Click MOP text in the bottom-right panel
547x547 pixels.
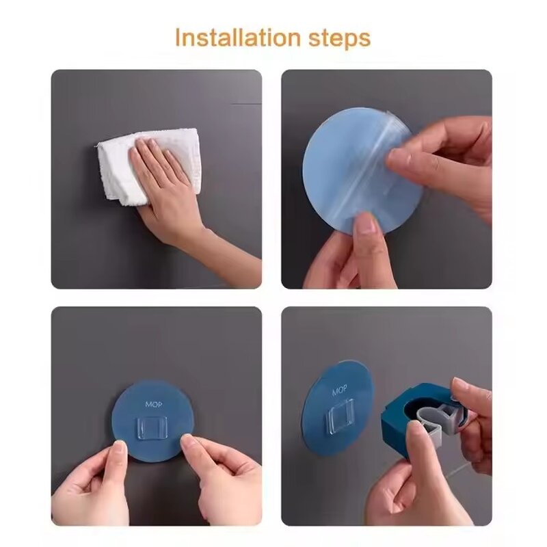pyautogui.click(x=340, y=392)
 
